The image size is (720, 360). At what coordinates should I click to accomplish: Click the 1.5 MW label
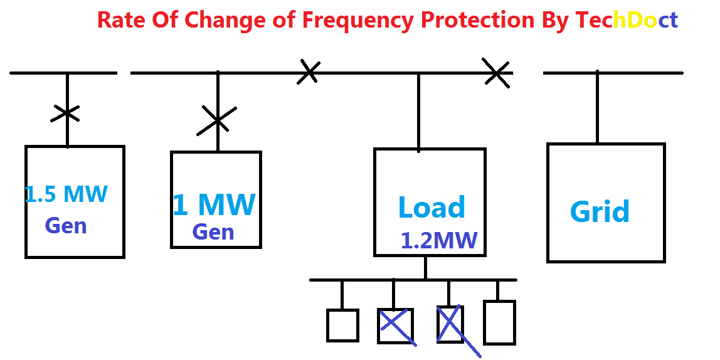[x=66, y=194]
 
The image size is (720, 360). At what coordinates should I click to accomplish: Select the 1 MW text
[x=214, y=204]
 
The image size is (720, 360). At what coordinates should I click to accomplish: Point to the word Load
[x=431, y=208]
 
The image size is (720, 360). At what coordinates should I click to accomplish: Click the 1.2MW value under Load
[x=439, y=240]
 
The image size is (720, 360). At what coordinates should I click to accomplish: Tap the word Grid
[x=600, y=211]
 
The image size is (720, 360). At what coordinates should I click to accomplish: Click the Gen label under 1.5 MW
[x=66, y=225]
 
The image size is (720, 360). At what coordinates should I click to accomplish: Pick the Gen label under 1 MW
[x=213, y=232]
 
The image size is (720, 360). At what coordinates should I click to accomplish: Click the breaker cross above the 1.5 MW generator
[x=66, y=114]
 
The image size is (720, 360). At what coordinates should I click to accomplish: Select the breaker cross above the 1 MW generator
[x=217, y=119]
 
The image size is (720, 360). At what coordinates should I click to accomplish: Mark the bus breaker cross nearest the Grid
[x=496, y=73]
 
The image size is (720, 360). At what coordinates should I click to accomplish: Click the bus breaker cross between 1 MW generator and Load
[x=309, y=72]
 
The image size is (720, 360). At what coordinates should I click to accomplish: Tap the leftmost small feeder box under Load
[x=342, y=326]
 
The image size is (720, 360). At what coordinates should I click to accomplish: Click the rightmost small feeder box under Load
[x=499, y=322]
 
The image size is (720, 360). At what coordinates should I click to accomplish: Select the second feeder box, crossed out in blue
[x=395, y=325]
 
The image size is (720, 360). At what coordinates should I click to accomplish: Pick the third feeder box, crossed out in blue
[x=450, y=324]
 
